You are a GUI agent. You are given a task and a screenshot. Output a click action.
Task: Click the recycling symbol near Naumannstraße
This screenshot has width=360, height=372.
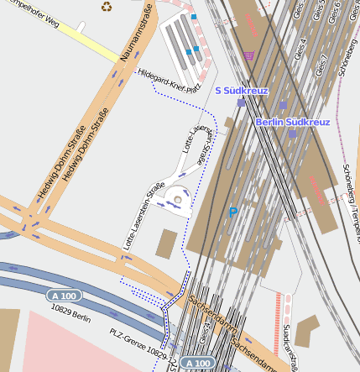pyautogui.click(x=107, y=7)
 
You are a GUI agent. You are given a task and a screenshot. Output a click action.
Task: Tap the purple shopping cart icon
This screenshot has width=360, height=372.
pyautogui.click(x=248, y=55)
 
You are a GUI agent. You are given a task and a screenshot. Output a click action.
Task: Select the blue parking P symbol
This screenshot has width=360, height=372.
pyautogui.click(x=233, y=213)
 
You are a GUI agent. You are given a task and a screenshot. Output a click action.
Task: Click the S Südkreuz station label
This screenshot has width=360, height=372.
pyautogui.click(x=242, y=90)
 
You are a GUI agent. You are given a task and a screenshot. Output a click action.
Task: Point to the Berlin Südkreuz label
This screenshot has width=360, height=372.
pyautogui.click(x=293, y=123)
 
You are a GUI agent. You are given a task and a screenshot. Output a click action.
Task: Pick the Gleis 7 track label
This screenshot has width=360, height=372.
pyautogui.click(x=321, y=65)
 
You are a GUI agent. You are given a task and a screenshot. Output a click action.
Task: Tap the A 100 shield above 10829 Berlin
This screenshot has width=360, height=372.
pyautogui.click(x=64, y=296)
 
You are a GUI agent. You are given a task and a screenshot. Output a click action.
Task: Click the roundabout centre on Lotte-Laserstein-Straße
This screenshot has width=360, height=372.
pyautogui.click(x=177, y=200)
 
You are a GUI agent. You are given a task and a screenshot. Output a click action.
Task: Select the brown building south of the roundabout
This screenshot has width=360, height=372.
pyautogui.click(x=166, y=244)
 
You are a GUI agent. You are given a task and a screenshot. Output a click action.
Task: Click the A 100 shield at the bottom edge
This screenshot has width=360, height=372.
pyautogui.click(x=197, y=363)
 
